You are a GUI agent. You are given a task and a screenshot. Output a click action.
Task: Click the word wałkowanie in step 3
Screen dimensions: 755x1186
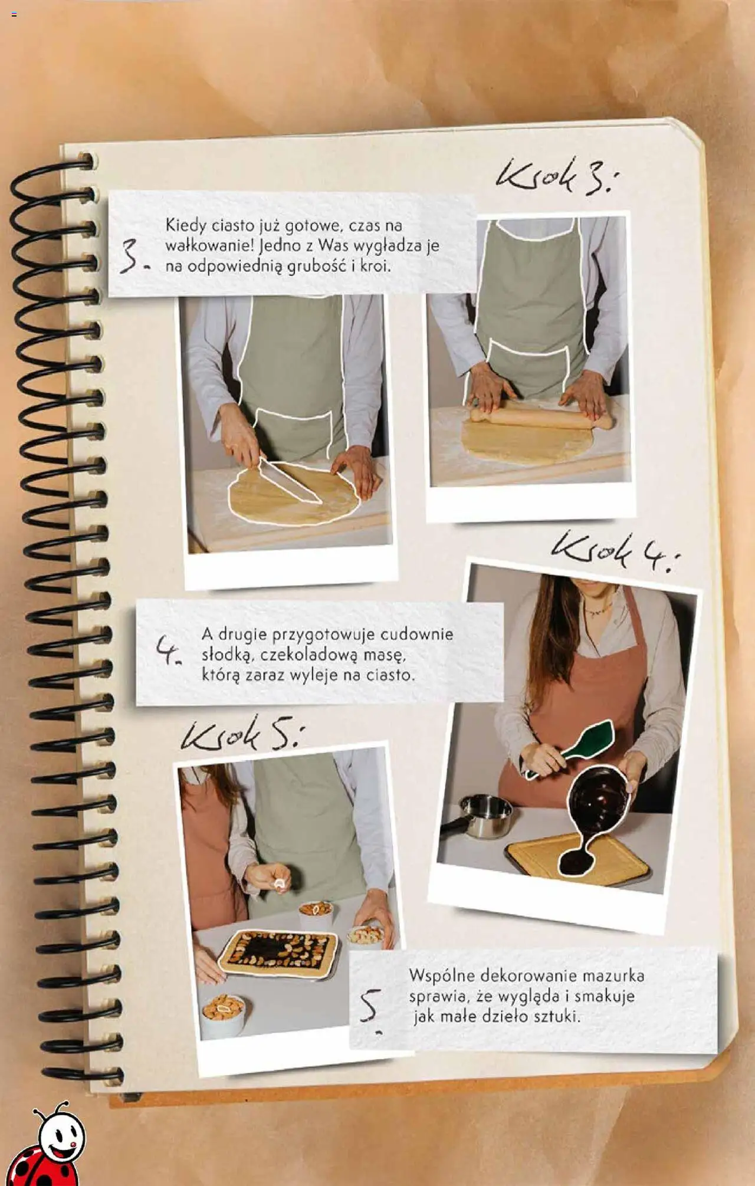[x=207, y=245]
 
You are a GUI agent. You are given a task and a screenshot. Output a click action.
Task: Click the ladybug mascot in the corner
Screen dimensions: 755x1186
[x=51, y=1148]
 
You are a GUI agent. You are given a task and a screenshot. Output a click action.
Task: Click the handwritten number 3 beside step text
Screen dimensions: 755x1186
[x=132, y=259]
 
